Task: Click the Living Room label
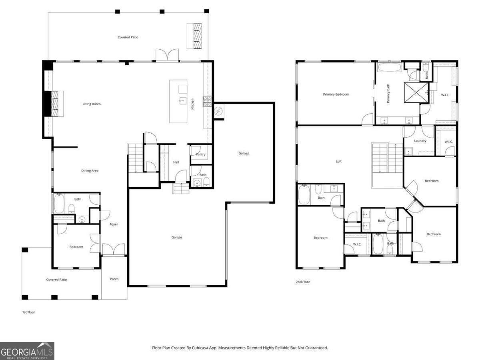[92, 104]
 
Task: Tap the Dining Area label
[90, 171]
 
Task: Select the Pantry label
[200, 154]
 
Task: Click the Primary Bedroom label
[336, 94]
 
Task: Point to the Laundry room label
[420, 141]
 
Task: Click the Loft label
[339, 162]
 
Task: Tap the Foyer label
[114, 224]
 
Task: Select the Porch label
[114, 279]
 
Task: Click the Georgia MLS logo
[27, 351]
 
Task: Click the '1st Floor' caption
[28, 312]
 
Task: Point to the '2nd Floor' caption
[303, 282]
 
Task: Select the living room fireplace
[54, 104]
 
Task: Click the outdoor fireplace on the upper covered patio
[196, 36]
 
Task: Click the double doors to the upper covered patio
[167, 56]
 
